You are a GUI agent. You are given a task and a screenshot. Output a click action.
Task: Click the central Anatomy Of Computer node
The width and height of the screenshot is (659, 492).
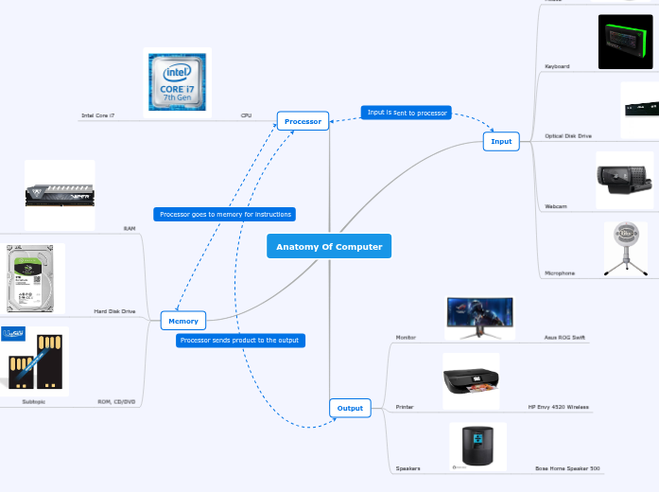click(328, 246)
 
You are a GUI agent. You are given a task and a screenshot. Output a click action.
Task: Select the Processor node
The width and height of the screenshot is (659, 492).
click(303, 121)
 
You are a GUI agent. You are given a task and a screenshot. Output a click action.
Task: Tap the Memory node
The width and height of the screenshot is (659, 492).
click(183, 321)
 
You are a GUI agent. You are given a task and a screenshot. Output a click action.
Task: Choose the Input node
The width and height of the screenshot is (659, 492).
click(501, 141)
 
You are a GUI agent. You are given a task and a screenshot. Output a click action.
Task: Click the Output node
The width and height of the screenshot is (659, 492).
click(350, 408)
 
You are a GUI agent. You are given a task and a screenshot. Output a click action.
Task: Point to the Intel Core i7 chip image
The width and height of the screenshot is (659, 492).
click(178, 81)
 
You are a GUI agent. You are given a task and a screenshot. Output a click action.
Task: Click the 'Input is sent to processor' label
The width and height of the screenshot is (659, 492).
click(407, 113)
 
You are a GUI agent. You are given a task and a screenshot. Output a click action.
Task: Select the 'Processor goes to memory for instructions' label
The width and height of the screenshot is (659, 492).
click(225, 215)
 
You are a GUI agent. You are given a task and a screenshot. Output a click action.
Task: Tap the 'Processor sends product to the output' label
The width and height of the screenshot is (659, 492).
click(240, 340)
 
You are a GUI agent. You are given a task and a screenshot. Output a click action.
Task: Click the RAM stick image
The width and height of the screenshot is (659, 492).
click(60, 194)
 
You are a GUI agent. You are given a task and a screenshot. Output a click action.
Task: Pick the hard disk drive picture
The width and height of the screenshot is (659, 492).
click(35, 278)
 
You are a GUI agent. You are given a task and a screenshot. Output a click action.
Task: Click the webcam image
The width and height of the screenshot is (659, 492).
click(623, 179)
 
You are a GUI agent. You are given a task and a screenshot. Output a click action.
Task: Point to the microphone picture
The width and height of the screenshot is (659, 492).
click(625, 248)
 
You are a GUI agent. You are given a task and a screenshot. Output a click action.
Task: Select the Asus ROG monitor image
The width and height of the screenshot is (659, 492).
click(479, 317)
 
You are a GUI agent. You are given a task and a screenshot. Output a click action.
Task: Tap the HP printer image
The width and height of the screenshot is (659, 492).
click(471, 380)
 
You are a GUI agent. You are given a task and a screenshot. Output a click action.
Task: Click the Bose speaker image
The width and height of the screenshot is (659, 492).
click(477, 446)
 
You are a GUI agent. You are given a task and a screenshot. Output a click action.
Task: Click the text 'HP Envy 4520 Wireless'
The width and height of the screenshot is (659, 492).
click(558, 407)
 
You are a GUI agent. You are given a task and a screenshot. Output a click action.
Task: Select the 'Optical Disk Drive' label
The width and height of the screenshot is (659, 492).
click(568, 136)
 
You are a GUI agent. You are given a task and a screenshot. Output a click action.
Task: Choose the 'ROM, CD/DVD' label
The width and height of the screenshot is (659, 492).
click(116, 401)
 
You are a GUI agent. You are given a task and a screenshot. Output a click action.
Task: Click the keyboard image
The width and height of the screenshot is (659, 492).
click(625, 42)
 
